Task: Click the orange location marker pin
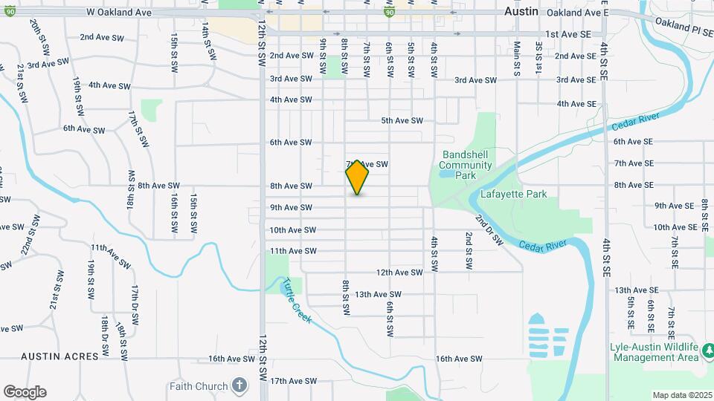[357, 177]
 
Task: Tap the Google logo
[25, 391]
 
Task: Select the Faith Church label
[199, 385]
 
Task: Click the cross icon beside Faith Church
[239, 385]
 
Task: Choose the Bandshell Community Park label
[465, 165]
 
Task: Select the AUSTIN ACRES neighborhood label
[59, 357]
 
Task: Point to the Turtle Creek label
[298, 300]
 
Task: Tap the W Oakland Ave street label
[120, 12]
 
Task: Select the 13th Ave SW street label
[378, 295]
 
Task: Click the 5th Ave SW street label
[402, 120]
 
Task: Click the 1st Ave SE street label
[568, 34]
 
